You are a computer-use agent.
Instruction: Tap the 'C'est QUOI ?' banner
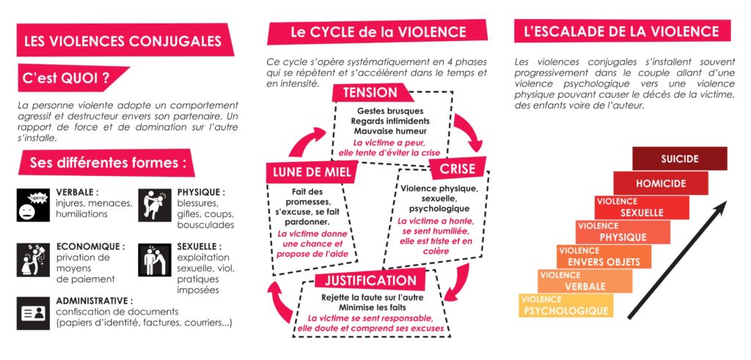[x=72, y=77]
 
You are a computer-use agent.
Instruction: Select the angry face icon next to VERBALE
[x=33, y=205]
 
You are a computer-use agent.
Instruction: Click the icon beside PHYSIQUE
[x=155, y=205]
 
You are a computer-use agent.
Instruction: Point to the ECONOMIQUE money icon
[x=33, y=260]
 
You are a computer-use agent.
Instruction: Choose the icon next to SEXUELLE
[x=155, y=260]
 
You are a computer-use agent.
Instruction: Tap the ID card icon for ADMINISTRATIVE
[x=33, y=313]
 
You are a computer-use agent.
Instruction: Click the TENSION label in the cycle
[x=371, y=92]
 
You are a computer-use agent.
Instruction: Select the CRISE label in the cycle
[x=458, y=168]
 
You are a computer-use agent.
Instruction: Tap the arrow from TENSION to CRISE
[x=469, y=132]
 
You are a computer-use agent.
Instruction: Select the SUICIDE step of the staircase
[x=680, y=158]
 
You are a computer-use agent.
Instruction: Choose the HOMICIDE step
[x=661, y=183]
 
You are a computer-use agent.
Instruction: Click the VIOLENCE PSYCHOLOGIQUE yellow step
[x=565, y=306]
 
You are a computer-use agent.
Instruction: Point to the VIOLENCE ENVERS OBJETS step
[x=604, y=256]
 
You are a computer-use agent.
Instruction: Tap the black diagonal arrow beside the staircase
[x=677, y=260]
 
